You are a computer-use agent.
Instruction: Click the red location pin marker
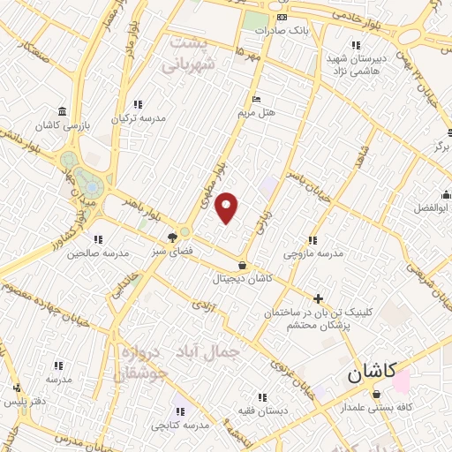tap(228, 207)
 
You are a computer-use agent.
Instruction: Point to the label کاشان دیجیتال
tap(242, 278)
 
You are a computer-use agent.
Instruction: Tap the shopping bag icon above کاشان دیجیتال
tap(243, 265)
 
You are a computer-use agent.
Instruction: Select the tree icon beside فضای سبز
tap(173, 237)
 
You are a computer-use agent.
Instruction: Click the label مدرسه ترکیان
tap(136, 117)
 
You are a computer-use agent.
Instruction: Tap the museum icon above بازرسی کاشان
tap(61, 111)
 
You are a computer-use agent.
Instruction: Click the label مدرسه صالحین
tap(98, 252)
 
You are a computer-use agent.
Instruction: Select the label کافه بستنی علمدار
tap(378, 409)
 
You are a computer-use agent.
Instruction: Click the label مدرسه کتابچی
tap(179, 426)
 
